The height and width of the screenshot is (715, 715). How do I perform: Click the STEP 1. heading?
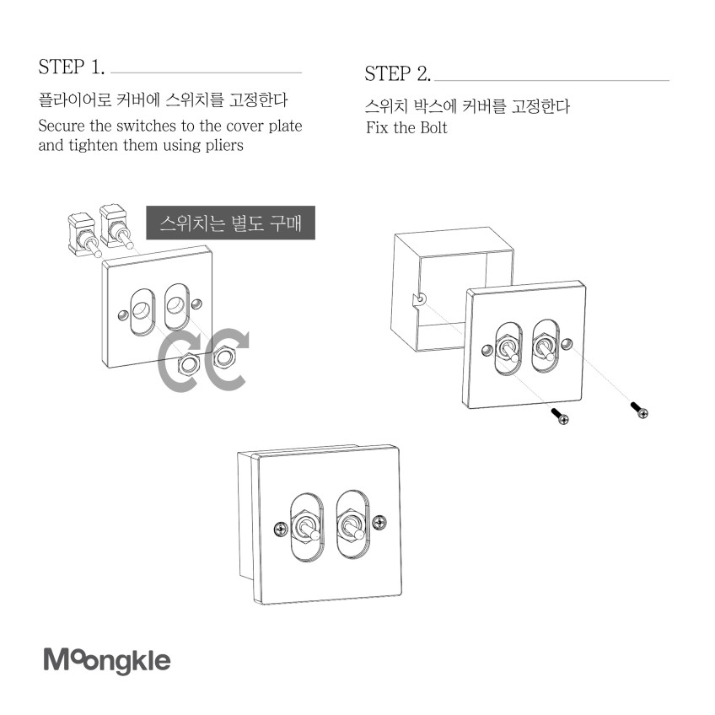pyautogui.click(x=72, y=67)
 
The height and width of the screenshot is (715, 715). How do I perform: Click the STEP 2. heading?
pyautogui.click(x=397, y=74)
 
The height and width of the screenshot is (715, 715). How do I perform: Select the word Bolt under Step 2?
pyautogui.click(x=433, y=127)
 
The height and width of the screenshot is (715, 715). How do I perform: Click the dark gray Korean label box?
pyautogui.click(x=230, y=223)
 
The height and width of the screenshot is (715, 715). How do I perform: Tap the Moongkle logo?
pyautogui.click(x=107, y=660)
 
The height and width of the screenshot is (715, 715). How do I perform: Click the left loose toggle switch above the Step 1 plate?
pyautogui.click(x=83, y=234)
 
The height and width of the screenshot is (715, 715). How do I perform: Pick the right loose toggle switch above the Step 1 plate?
pyautogui.click(x=116, y=226)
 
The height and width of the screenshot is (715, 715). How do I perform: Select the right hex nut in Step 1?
pyautogui.click(x=223, y=356)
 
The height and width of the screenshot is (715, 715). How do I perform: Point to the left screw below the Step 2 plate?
pyautogui.click(x=561, y=417)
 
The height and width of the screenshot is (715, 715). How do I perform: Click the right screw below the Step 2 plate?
pyautogui.click(x=639, y=410)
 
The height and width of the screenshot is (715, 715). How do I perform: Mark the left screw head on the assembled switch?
pyautogui.click(x=281, y=530)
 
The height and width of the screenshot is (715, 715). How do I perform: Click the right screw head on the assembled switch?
pyautogui.click(x=379, y=523)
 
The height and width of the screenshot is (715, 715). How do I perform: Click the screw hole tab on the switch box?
pyautogui.click(x=419, y=300)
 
